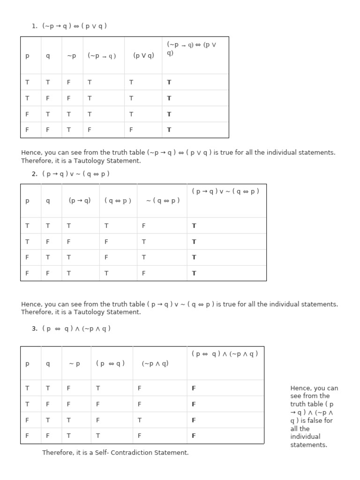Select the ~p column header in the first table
coord(71,56)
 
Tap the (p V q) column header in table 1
coord(143,56)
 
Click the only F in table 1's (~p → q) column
coord(90,130)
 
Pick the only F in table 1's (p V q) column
coord(131,130)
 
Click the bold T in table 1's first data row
coord(169,82)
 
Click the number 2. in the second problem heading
coord(35,174)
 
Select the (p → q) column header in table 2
coord(80,200)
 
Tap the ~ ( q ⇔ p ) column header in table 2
coord(163,201)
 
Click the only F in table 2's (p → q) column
coord(69,242)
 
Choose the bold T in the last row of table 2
coord(194,273)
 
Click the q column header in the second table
coord(47,201)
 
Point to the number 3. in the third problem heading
coord(35,329)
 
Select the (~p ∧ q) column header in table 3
coord(155,363)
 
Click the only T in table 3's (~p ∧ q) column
coord(140,420)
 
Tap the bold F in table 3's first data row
coord(194,388)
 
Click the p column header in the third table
coord(27,363)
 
